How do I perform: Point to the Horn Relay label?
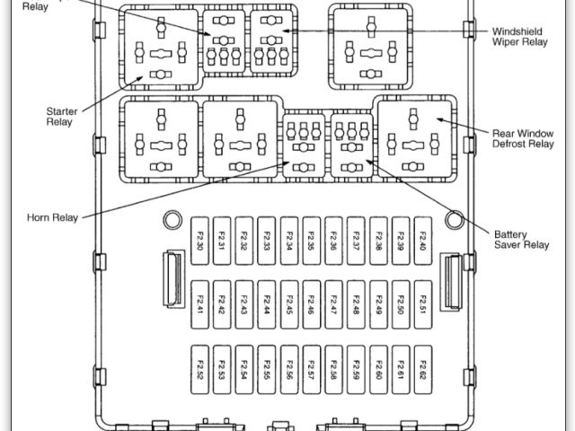tap(53, 216)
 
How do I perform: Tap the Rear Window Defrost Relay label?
tap(522, 137)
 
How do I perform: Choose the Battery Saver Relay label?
tap(521, 239)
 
